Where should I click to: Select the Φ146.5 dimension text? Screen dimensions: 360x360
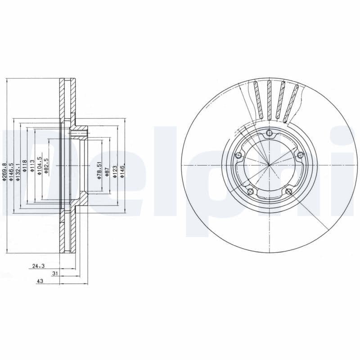(x=11, y=172)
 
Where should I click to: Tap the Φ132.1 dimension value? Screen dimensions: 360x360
(x=18, y=172)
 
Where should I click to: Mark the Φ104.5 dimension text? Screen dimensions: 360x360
(x=40, y=166)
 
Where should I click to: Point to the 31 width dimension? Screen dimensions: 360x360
(x=55, y=273)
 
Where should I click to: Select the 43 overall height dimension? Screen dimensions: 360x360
(x=40, y=281)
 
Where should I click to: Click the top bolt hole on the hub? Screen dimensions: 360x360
(x=269, y=133)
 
